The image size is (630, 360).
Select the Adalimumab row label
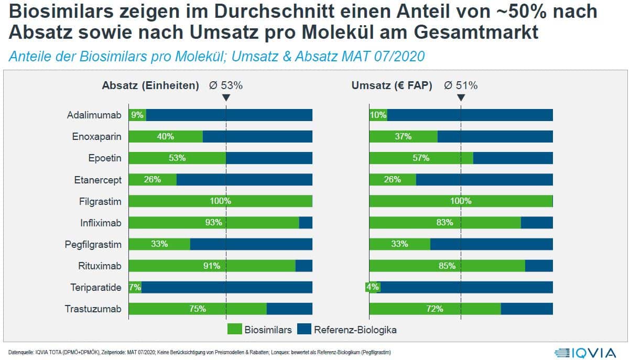point(94,115)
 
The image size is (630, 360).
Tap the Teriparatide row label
point(96,287)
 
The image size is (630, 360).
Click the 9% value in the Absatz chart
point(137,115)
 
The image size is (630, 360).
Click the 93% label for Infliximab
point(214,222)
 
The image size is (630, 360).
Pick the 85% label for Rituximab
point(447,266)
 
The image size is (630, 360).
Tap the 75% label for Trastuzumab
point(198,309)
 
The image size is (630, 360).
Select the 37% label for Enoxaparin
point(403,136)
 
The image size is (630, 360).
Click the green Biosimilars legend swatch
point(234,330)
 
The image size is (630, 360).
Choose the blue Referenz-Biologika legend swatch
point(303,330)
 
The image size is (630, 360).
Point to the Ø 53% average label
point(226,85)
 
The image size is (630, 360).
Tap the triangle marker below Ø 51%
point(461,97)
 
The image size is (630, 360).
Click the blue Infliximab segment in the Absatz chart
point(306,222)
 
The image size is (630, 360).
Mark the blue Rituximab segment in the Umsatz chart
point(539,266)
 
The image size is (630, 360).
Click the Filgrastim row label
point(97,201)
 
